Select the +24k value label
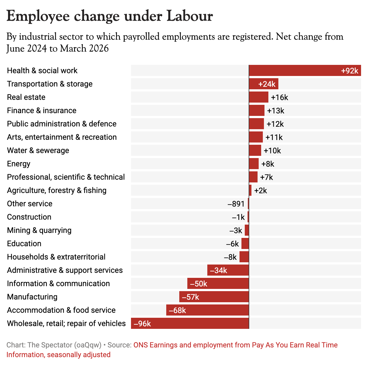(x=267, y=84)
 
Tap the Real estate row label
(x=26, y=97)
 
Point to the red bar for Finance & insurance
(x=257, y=110)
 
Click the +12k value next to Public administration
(x=275, y=124)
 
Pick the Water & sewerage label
(x=38, y=151)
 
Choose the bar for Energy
(x=254, y=164)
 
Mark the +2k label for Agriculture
(x=261, y=190)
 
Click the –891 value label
(x=236, y=204)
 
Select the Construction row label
(x=29, y=217)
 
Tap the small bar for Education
(x=245, y=243)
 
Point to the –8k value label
(x=230, y=257)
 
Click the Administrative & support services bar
(x=228, y=270)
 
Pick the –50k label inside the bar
(x=199, y=284)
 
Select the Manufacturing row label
(x=32, y=297)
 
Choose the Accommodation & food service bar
(x=208, y=310)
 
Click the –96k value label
(x=142, y=324)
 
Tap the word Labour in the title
(x=190, y=16)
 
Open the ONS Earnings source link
(x=235, y=345)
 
